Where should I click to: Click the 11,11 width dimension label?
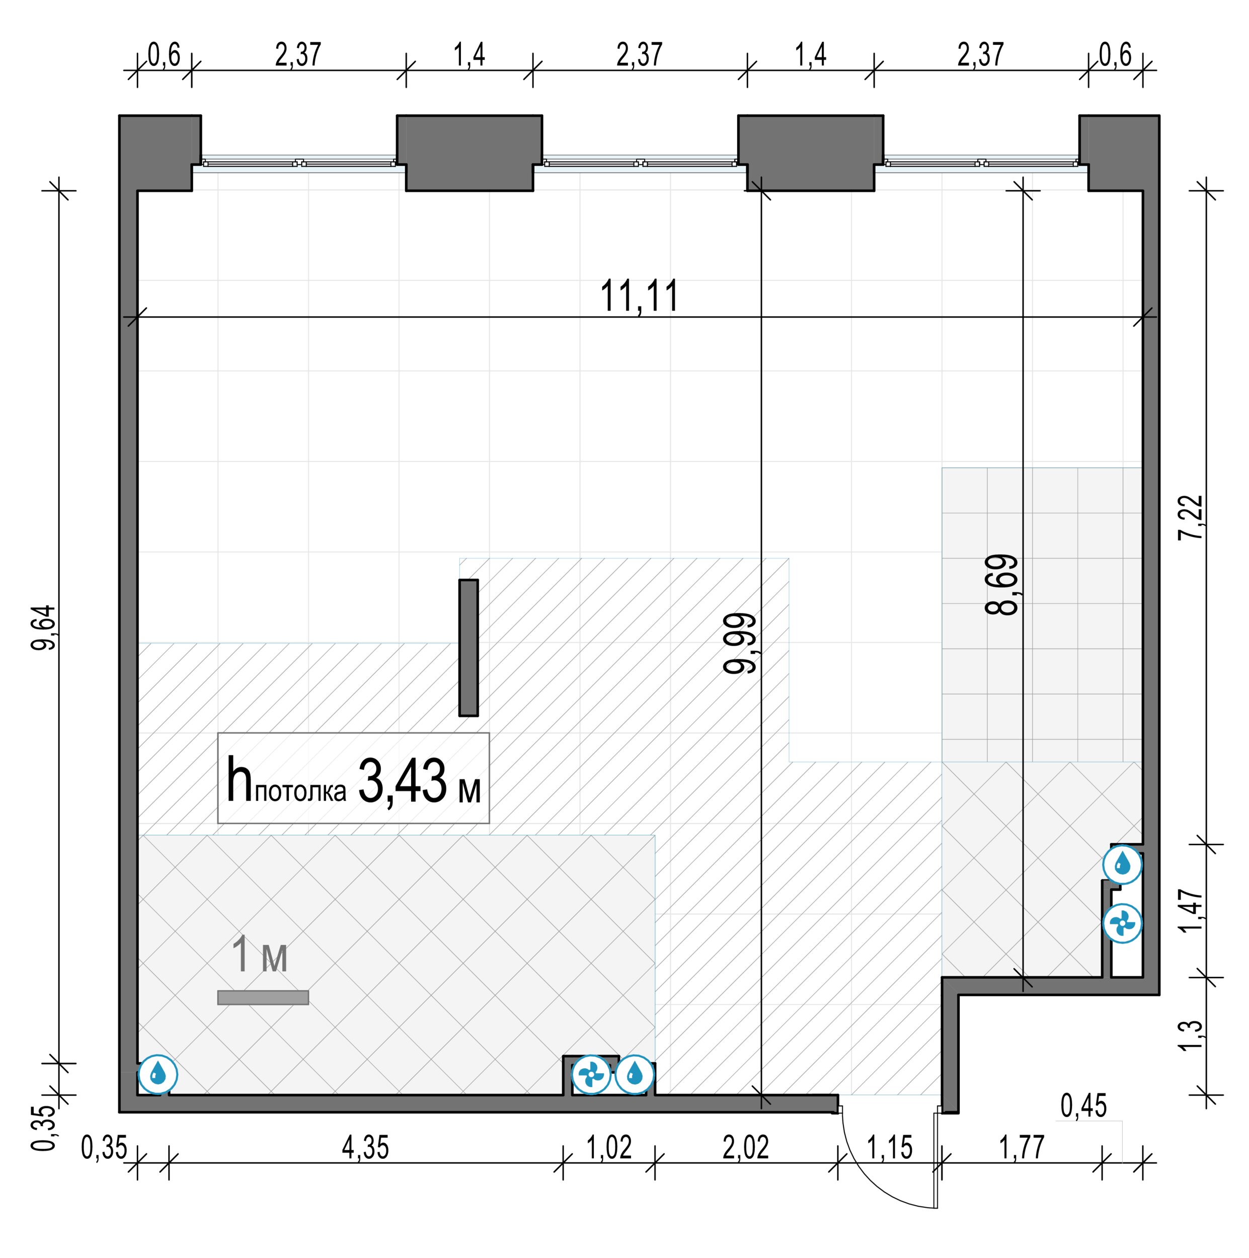point(639,296)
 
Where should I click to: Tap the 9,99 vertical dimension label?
point(740,643)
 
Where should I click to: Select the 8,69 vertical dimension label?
point(1001,585)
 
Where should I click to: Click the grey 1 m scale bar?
point(263,997)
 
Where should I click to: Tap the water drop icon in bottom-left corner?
point(158,1074)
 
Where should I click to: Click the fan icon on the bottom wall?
point(591,1074)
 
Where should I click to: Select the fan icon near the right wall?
point(1122,923)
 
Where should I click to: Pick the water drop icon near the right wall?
point(1122,864)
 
